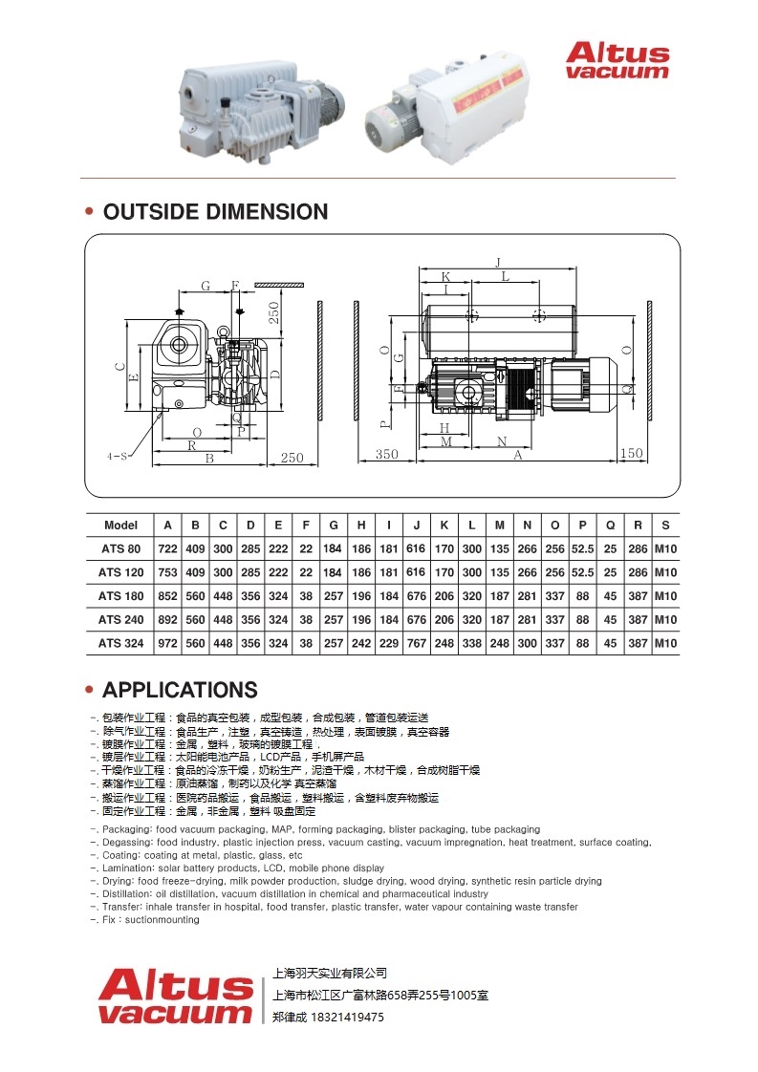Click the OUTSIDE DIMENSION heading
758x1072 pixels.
(215, 212)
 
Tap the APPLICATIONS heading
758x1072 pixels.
(180, 690)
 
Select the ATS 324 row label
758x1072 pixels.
(121, 643)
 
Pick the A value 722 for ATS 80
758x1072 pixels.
(167, 548)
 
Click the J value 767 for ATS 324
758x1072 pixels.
(416, 643)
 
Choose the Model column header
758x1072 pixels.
(121, 525)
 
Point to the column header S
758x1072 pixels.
(665, 525)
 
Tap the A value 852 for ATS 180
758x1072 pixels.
(167, 595)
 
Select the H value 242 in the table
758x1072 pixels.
(361, 643)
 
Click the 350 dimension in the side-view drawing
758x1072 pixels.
(386, 455)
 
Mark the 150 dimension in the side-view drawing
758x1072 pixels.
(631, 455)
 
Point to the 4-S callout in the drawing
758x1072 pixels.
(118, 457)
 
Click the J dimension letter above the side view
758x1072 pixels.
(498, 262)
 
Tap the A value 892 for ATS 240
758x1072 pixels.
(167, 619)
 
